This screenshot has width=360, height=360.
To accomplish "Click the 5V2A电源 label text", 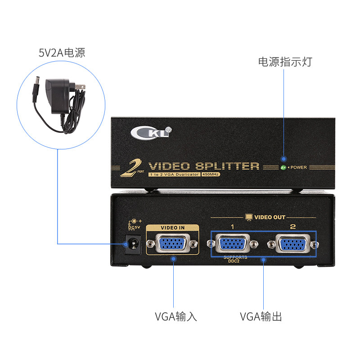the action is (x=62, y=53).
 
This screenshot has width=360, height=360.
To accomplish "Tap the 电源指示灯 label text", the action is (x=285, y=62).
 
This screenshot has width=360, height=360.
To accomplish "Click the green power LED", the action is (x=283, y=167).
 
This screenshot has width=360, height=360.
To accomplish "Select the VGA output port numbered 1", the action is (x=233, y=244).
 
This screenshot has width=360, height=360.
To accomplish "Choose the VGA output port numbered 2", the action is (x=292, y=244).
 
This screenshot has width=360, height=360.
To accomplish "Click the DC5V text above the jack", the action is (x=135, y=227).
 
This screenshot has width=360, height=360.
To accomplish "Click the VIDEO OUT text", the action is (x=270, y=217).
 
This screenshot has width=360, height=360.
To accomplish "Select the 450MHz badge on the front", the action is (x=211, y=174).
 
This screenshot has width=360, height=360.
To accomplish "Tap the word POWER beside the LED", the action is (x=298, y=167).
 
